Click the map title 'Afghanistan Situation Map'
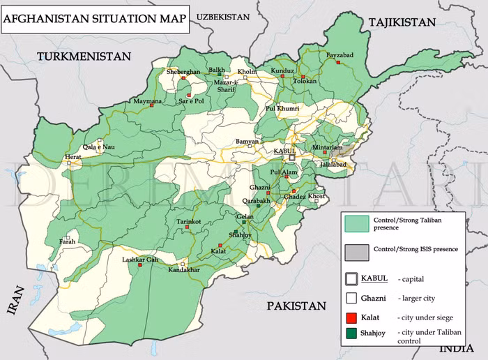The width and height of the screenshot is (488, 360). [x=94, y=19]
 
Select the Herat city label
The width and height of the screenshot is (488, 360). [x=73, y=158]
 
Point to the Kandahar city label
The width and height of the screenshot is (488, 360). [x=184, y=269]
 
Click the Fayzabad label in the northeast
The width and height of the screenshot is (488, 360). [x=340, y=54]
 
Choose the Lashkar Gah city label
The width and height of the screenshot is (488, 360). [x=141, y=260]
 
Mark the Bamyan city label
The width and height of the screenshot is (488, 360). [x=247, y=142]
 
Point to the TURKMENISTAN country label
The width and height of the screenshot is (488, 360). [x=84, y=56]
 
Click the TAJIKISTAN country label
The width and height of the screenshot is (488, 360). [x=402, y=22]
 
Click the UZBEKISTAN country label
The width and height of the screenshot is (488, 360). [x=223, y=15]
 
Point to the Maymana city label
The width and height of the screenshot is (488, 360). [x=148, y=101]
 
